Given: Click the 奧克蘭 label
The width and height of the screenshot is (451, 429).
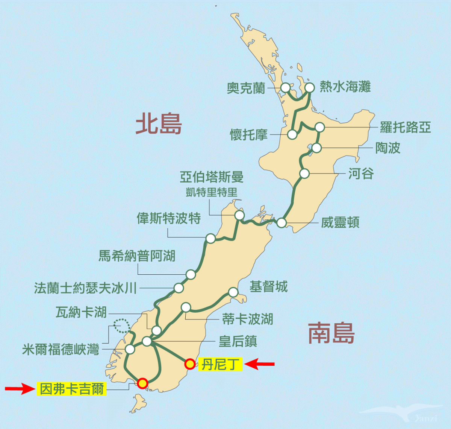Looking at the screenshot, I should (246, 88).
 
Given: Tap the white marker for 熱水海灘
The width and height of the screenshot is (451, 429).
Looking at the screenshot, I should (309, 88).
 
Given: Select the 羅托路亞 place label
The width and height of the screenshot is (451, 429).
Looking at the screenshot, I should (405, 127).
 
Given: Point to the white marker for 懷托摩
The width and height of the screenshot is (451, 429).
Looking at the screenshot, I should (292, 134).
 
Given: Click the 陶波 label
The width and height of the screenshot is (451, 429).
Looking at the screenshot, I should (388, 148).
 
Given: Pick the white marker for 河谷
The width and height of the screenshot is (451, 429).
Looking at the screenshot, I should (304, 173).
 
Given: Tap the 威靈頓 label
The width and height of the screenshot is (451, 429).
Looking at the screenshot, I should (340, 222).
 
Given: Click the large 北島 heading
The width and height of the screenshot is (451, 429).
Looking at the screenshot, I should (159, 124).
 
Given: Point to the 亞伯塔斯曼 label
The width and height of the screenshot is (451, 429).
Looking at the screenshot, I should (211, 177).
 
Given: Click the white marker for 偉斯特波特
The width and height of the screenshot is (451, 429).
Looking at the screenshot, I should (210, 238).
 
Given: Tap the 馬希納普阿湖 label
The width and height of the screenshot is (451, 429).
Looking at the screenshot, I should (137, 256).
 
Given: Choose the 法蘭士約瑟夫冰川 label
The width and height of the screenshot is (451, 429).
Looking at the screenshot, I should (85, 288).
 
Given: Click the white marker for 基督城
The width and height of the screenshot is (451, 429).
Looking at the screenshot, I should (233, 292).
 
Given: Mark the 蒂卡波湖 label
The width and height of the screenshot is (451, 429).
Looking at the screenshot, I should (247, 319).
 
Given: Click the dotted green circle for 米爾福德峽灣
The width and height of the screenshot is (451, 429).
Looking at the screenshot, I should (121, 326).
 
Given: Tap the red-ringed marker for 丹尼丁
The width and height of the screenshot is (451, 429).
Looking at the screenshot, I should (190, 364).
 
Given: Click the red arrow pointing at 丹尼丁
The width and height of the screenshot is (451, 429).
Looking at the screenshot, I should (260, 364).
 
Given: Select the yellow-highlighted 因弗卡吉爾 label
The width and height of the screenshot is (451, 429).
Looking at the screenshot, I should (72, 388).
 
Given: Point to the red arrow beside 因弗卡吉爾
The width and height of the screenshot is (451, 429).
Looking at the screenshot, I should (20, 388).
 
